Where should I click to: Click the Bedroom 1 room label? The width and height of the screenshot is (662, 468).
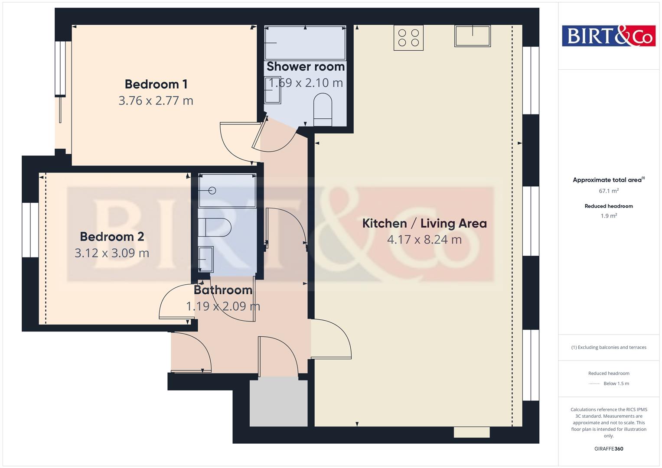pos(156,84)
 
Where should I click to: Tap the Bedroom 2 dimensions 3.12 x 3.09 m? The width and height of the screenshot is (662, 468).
pos(112,253)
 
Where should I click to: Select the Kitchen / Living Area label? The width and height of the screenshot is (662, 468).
pos(424,223)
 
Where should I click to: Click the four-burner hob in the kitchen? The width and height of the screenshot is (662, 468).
pos(408,38)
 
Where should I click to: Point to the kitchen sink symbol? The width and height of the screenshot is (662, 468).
pos(472,36)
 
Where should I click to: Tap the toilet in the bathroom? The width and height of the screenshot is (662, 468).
pos(215,227)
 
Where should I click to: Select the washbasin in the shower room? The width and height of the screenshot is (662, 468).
pos(273,90)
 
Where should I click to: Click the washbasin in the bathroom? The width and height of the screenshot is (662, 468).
pos(206,259)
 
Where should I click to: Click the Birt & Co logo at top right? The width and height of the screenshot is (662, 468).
pos(609,36)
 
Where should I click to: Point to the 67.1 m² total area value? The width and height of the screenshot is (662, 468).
pos(609,191)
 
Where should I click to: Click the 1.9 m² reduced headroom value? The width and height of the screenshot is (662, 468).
pos(609,216)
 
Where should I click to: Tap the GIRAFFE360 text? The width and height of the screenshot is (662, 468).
pos(609,448)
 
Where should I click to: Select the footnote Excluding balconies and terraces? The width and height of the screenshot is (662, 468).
pos(609,347)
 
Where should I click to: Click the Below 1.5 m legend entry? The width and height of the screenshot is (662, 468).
pos(616,383)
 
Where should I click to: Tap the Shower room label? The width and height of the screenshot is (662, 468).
pos(306,67)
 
